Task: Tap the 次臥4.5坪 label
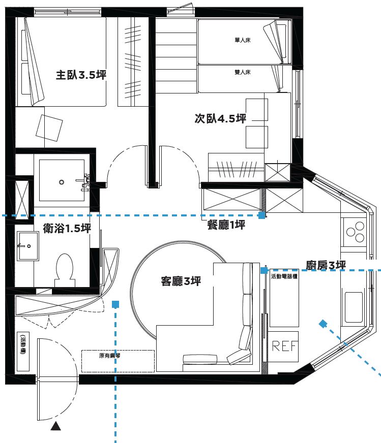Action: coord(220,119)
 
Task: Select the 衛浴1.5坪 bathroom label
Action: coord(67,228)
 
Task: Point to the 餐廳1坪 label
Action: coord(226,225)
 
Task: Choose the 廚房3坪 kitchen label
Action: coord(326,265)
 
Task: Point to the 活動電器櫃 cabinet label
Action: coord(285,277)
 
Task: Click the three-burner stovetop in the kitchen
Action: coord(355,233)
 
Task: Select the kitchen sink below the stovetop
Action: coord(354,307)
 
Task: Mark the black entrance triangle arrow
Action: coord(56,427)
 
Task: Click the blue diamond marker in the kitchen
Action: coord(323,323)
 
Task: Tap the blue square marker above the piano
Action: coord(116,304)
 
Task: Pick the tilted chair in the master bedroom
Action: coord(49,125)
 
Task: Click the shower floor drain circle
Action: coord(62,181)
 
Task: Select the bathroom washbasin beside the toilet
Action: coord(26,246)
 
